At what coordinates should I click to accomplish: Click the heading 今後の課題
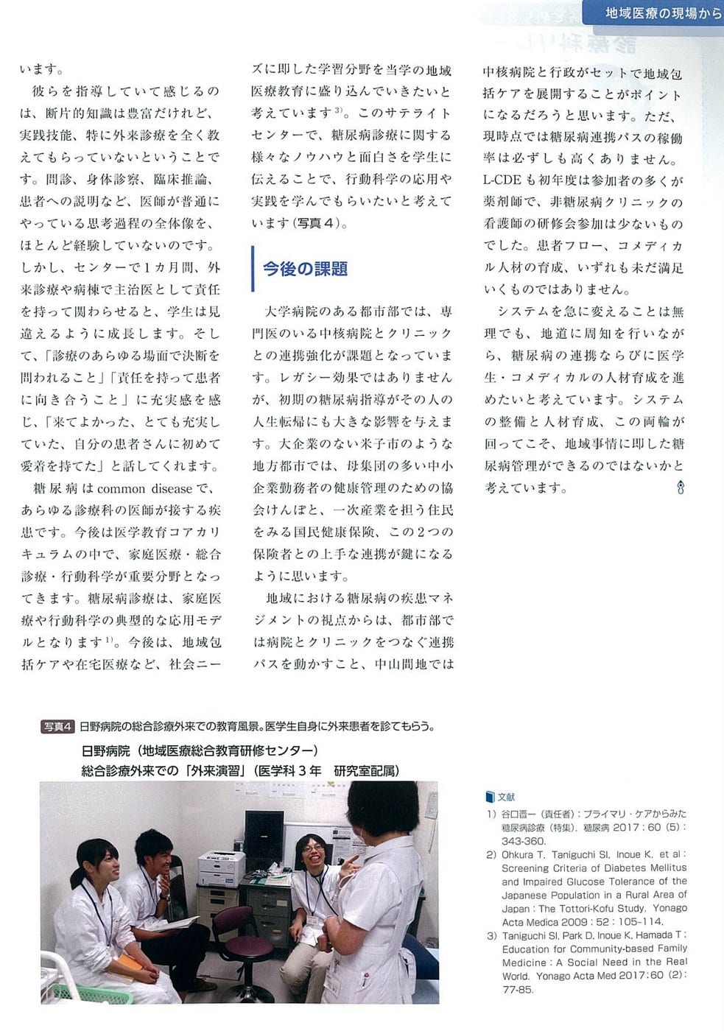(x=305, y=269)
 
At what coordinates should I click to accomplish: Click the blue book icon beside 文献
(x=490, y=797)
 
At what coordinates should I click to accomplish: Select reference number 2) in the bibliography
(x=491, y=855)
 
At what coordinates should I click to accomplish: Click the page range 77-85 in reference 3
(x=518, y=989)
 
